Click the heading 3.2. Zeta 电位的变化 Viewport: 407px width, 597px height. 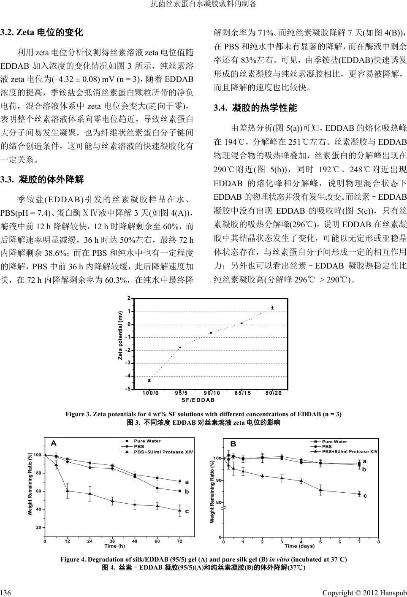pos(42,32)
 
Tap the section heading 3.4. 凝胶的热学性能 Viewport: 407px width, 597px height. pos(255,108)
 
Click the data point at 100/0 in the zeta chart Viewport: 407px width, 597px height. pos(149,380)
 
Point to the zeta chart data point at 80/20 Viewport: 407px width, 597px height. pos(272,307)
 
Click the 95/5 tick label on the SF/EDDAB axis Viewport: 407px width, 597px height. pos(180,393)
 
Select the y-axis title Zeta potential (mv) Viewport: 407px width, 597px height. pos(120,336)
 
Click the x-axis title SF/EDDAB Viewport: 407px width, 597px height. pos(198,400)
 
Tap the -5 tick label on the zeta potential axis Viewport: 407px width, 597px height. pos(128,389)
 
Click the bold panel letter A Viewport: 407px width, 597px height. pos(54,443)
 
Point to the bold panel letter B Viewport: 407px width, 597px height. pos(233,444)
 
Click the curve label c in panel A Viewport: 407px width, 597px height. pos(187,511)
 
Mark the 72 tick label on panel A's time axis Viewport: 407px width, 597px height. pos(180,541)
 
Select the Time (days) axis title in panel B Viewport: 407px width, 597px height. pos(300,546)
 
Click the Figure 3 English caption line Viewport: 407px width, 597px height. pos(203,414)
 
